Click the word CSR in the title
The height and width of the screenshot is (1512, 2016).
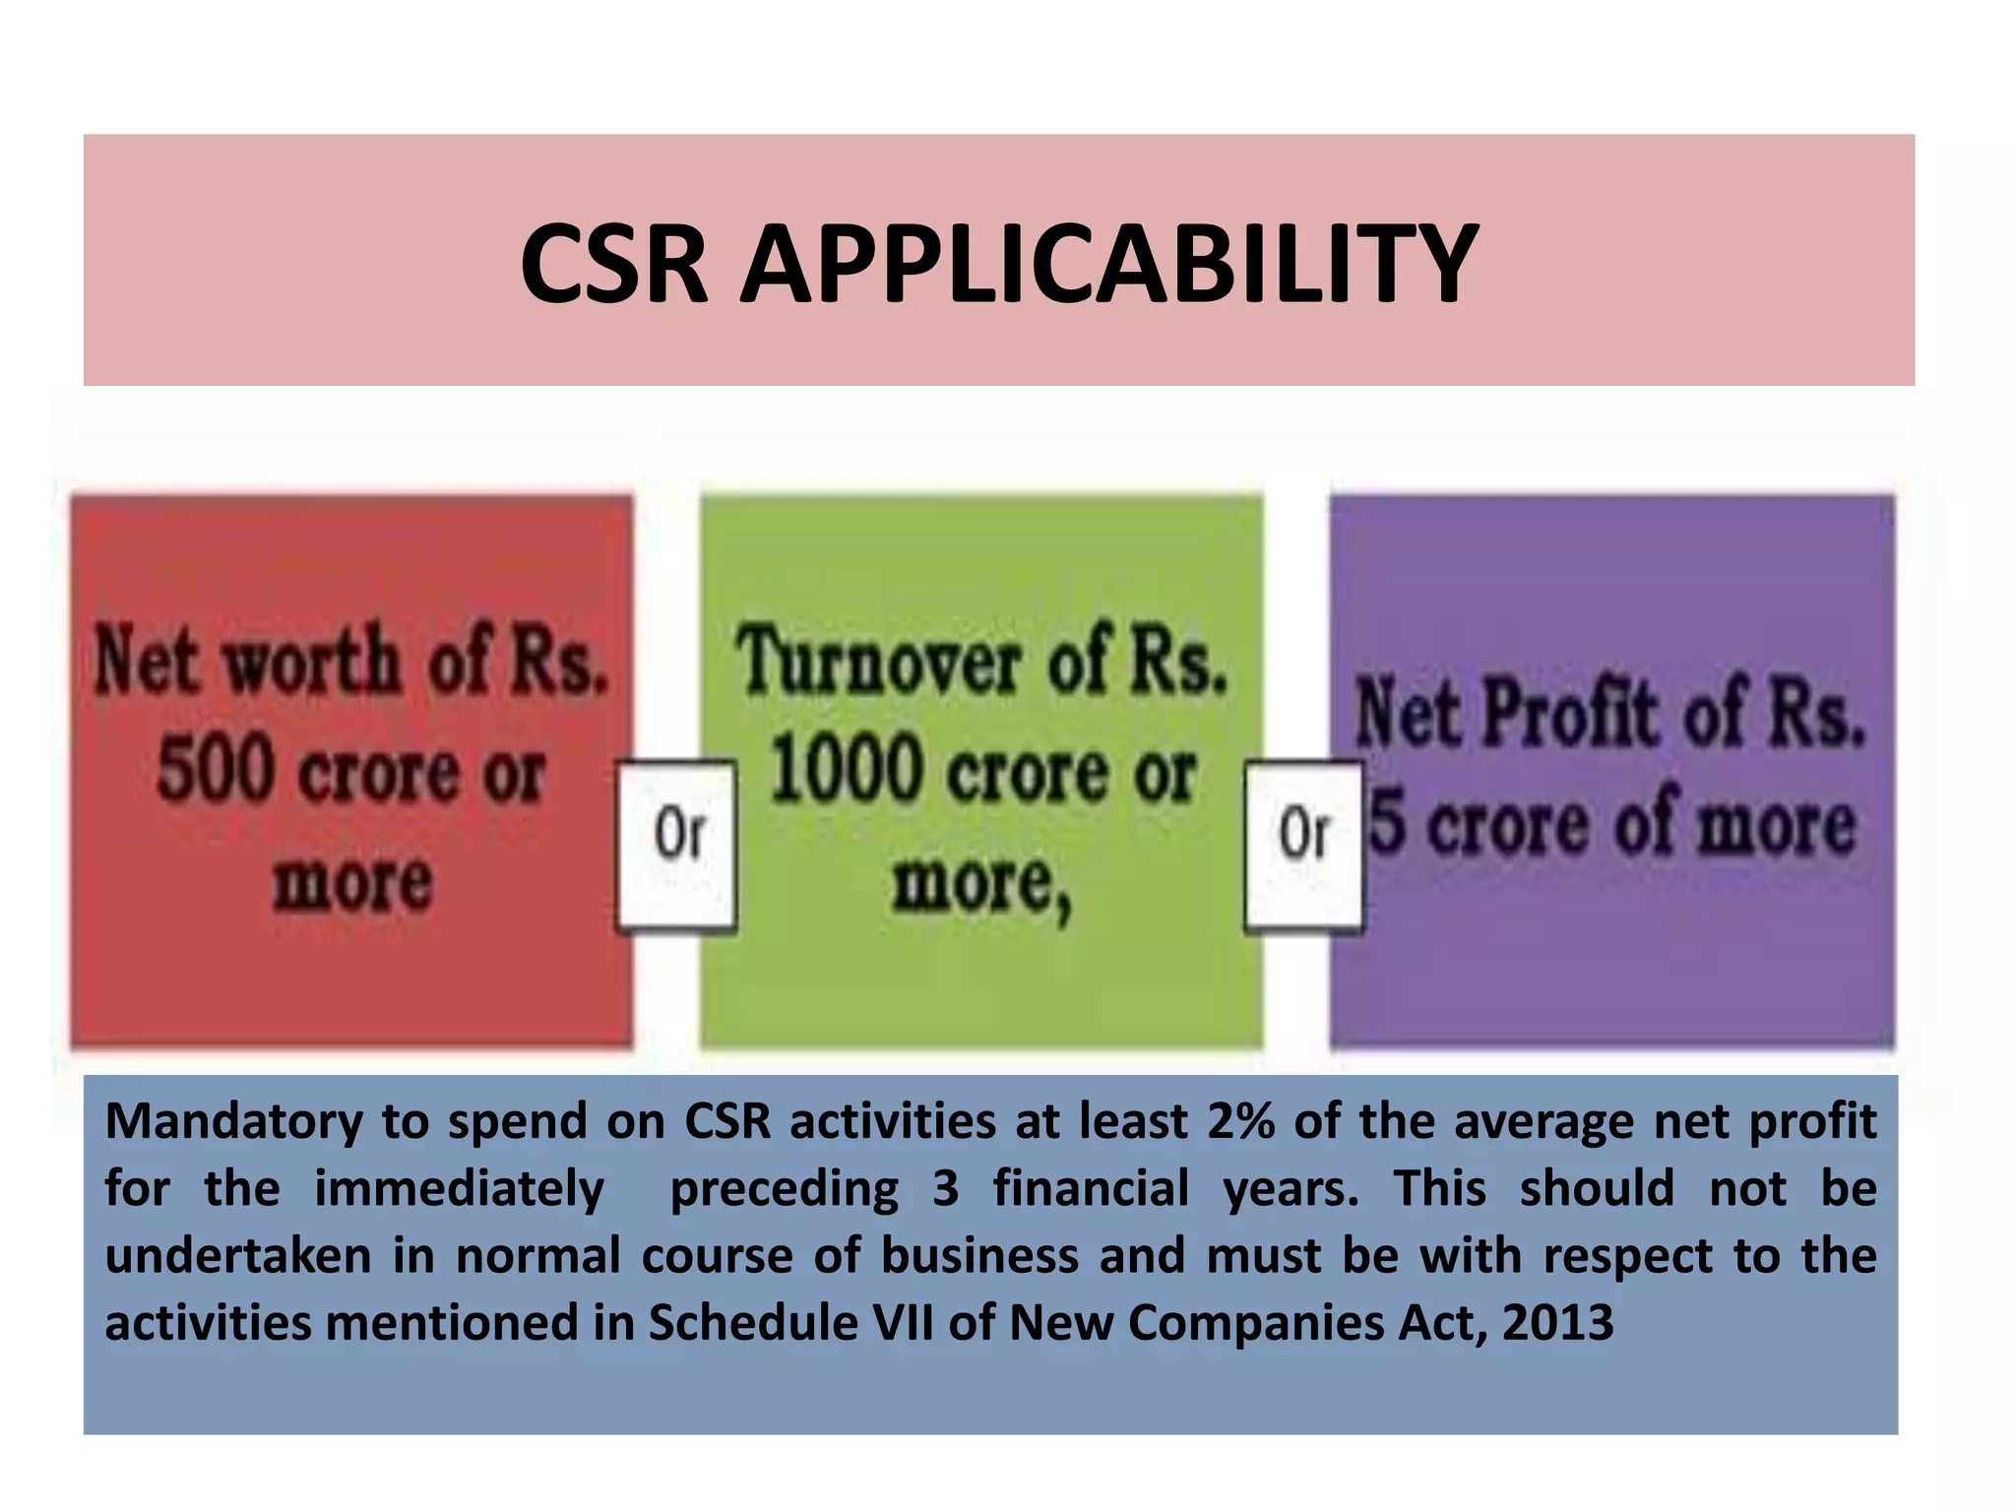coord(613,264)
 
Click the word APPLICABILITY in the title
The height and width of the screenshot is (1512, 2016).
coord(1108,264)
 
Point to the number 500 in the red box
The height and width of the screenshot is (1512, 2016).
coord(214,771)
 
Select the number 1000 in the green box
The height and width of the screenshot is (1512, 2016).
coord(845,771)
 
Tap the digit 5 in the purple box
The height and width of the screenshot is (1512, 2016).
coord(1387,823)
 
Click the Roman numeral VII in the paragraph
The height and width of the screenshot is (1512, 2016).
coord(904,1323)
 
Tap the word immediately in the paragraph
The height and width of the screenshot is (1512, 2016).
coord(459,1189)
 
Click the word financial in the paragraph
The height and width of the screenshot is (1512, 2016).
coord(1091,1189)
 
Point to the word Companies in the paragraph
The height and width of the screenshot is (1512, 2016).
coord(1255,1323)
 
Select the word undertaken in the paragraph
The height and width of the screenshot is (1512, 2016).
coord(238,1256)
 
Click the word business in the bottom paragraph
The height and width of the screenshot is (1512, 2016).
coord(979,1256)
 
